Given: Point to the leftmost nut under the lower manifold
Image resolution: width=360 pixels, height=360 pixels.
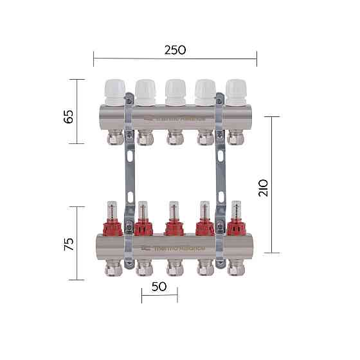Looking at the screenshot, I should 114,267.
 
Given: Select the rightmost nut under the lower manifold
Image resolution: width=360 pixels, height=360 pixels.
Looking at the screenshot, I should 236,267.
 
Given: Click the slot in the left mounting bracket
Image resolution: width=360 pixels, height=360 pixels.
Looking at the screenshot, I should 130,155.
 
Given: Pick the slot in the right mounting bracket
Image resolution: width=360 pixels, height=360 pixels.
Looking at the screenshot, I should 221,155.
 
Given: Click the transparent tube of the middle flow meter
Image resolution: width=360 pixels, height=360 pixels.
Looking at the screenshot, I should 174,210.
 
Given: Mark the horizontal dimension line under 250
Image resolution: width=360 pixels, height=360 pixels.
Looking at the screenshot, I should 175,61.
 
